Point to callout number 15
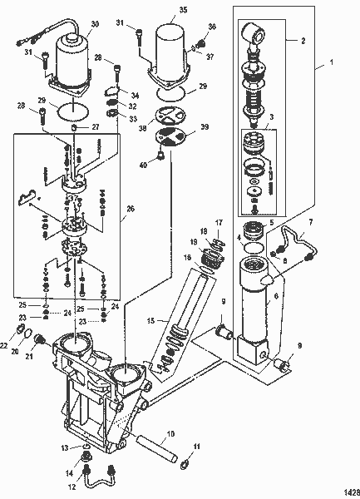click(152, 319)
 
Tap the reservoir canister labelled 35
click(176, 50)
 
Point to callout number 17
click(219, 223)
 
